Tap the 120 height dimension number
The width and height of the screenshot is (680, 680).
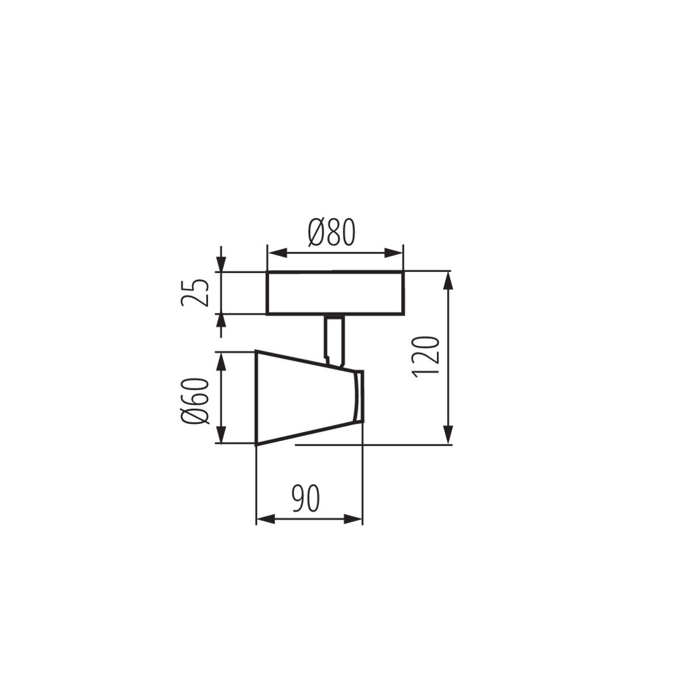click(426, 356)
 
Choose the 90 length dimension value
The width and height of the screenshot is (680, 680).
click(306, 499)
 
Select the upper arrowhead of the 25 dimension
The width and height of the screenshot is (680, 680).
click(221, 263)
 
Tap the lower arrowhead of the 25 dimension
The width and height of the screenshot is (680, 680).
click(221, 322)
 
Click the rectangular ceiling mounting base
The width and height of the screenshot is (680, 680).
click(335, 293)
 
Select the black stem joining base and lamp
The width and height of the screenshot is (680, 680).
click(334, 339)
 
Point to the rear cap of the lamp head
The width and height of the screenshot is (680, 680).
click(358, 397)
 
